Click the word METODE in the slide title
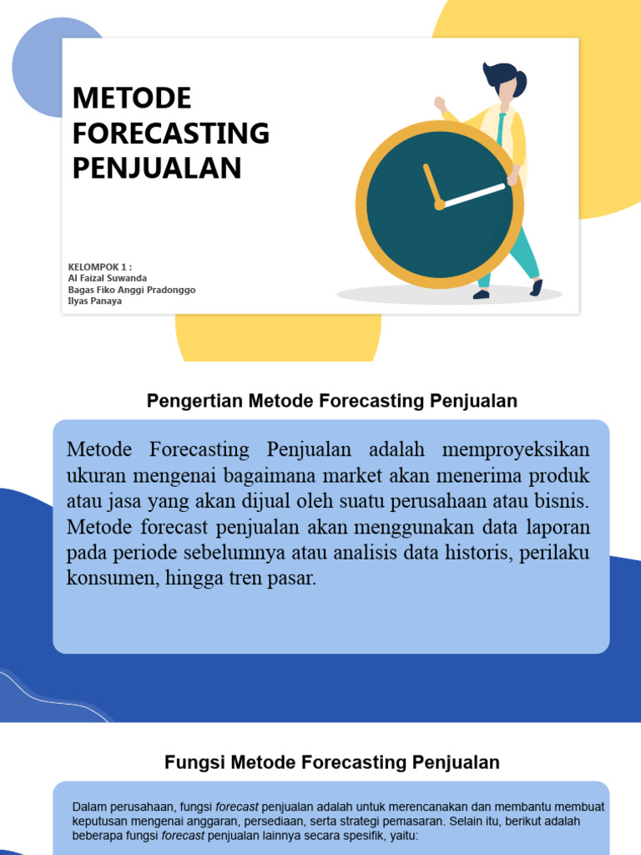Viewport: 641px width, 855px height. [x=132, y=99]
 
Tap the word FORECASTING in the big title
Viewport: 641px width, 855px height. [x=171, y=134]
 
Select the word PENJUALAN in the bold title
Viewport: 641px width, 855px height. [x=157, y=168]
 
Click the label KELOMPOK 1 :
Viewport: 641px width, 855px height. [x=100, y=267]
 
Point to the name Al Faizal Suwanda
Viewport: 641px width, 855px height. [x=108, y=278]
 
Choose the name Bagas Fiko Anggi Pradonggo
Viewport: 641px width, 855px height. [x=132, y=290]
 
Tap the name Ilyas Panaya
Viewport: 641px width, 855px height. [x=95, y=301]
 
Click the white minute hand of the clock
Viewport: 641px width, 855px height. [x=474, y=195]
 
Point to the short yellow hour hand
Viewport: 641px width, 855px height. [x=432, y=184]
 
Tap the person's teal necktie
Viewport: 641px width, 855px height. [x=501, y=130]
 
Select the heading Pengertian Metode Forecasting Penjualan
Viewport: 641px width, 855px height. [x=332, y=401]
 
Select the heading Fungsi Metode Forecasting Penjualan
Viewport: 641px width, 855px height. [x=332, y=762]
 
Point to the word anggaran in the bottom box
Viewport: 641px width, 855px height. [x=212, y=821]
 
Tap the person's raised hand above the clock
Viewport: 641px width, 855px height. [x=440, y=104]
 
